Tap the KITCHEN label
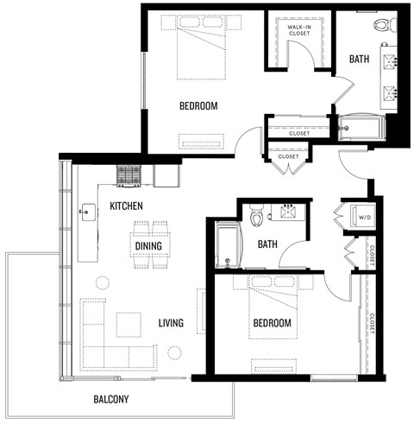coord(126,206)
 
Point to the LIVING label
coord(171,323)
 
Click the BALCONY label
coord(111,399)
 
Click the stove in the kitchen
coord(129,176)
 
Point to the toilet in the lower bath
coord(255,216)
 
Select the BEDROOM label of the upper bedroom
coord(198,106)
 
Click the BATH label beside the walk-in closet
coord(360,60)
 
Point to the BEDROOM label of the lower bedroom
coord(272,323)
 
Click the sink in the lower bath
coord(288,211)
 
